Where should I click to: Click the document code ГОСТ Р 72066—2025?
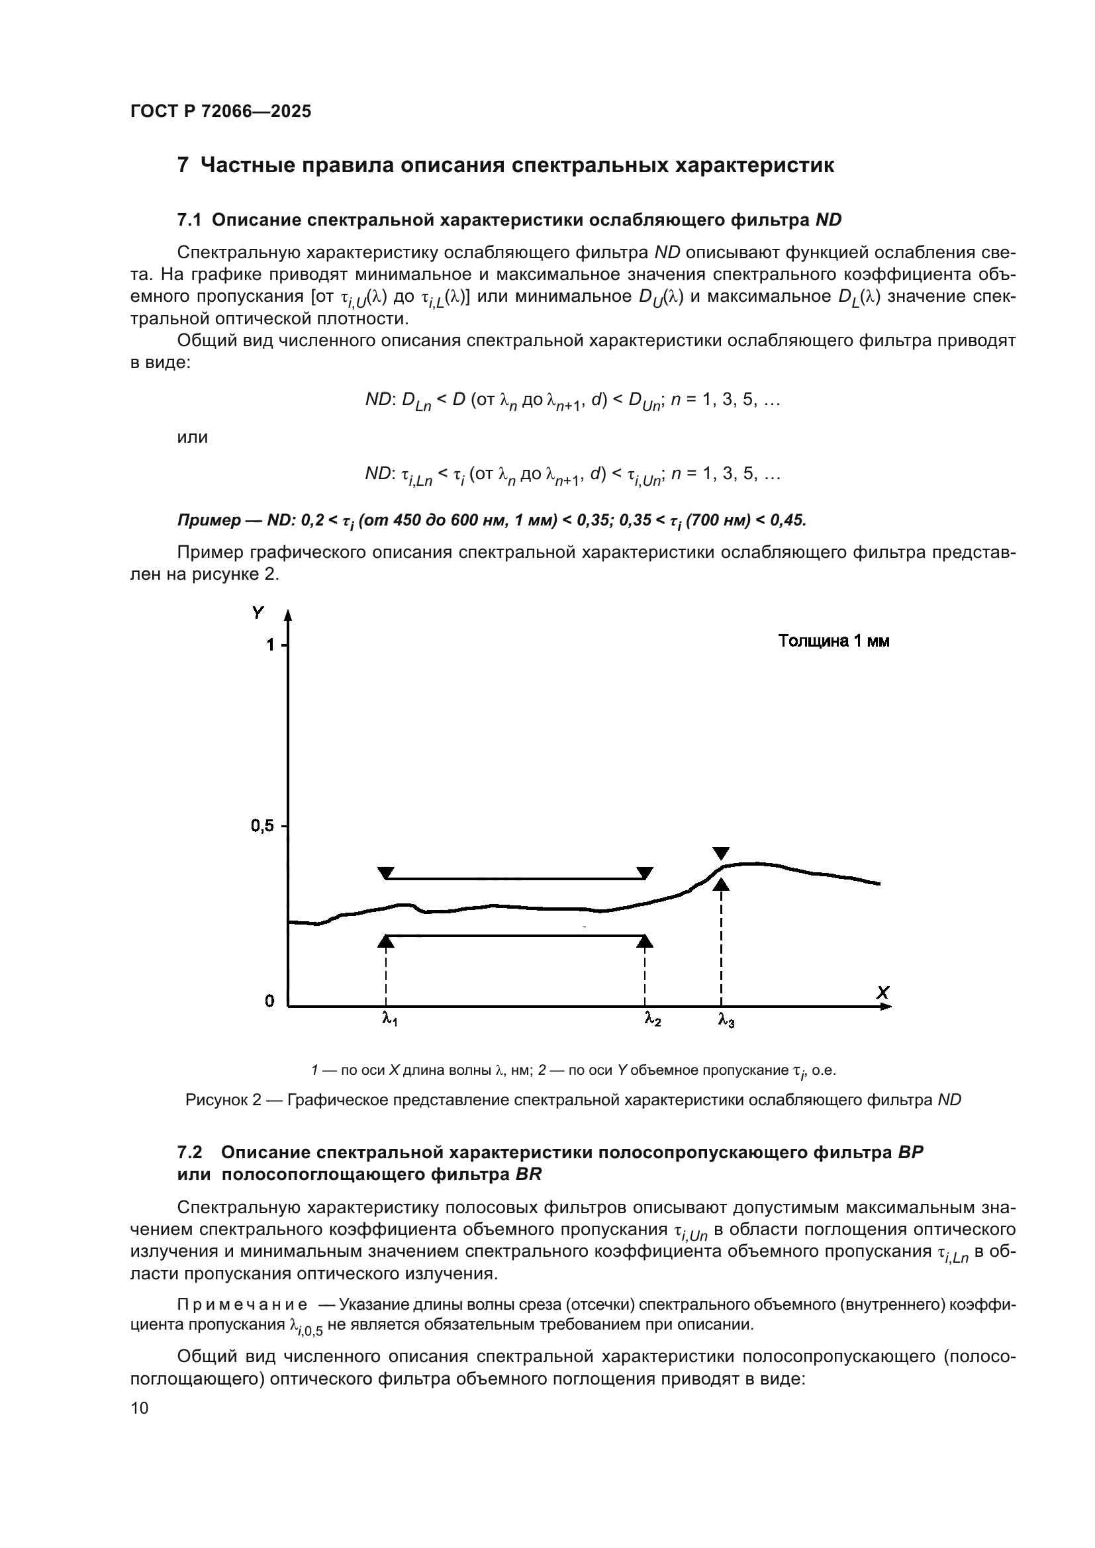click(x=220, y=112)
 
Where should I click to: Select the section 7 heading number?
click(x=183, y=165)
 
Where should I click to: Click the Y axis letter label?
click(x=258, y=613)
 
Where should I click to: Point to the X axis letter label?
click(x=882, y=993)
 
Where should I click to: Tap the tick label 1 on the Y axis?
click(x=270, y=645)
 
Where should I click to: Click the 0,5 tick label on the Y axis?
click(x=262, y=826)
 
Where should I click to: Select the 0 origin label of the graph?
click(x=269, y=1001)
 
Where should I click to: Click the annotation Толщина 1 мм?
click(x=833, y=641)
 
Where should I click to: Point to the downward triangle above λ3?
click(x=721, y=853)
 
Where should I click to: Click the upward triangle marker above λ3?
click(x=722, y=884)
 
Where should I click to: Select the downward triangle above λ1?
click(x=386, y=873)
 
